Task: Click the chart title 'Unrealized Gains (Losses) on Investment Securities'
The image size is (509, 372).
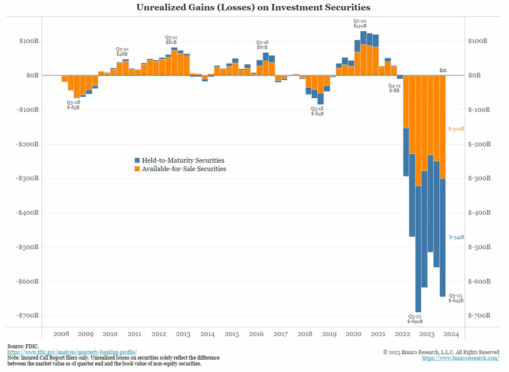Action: click(253, 7)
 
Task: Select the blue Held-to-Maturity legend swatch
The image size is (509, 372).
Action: click(137, 160)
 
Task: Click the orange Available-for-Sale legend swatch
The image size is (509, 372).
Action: click(137, 169)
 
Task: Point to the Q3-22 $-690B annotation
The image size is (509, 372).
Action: click(415, 319)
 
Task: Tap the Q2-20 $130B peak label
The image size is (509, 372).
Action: click(360, 24)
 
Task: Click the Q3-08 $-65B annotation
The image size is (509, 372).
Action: click(73, 105)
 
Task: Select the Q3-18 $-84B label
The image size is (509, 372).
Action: click(317, 111)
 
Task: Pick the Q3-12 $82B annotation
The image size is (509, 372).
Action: click(171, 40)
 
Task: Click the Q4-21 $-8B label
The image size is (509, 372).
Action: click(394, 88)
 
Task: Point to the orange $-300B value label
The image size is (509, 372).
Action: click(456, 129)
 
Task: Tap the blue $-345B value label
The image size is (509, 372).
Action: click(457, 237)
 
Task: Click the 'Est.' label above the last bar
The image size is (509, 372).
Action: click(443, 70)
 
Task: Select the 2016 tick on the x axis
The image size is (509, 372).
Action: click(256, 334)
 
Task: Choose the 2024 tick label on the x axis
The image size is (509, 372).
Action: click(451, 334)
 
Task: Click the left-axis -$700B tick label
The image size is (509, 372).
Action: click(27, 315)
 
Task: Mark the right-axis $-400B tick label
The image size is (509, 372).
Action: click(479, 213)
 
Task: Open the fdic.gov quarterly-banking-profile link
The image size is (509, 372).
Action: click(72, 352)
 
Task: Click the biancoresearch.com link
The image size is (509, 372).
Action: click(460, 358)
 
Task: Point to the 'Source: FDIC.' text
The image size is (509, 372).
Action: click(23, 346)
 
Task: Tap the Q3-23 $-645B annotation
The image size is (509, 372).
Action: click(456, 298)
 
